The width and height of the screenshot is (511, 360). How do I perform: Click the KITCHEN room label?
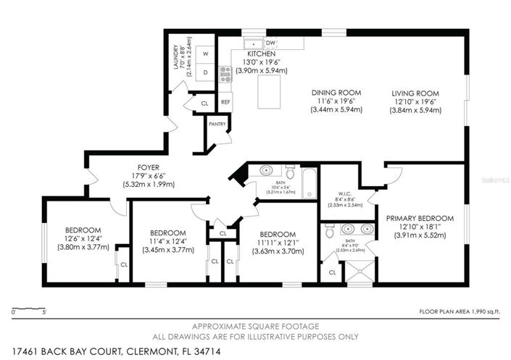coord(261,54)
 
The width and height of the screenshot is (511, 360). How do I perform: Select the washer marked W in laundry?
coord(205,54)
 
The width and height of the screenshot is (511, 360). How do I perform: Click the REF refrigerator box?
coord(225,102)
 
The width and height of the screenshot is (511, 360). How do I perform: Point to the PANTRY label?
coord(217,124)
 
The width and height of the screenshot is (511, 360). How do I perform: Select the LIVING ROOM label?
coord(416,93)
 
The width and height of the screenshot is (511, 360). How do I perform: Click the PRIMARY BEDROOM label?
coord(419,218)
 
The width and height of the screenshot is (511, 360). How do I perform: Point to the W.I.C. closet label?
coord(344,194)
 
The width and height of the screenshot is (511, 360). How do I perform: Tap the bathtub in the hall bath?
coord(309,182)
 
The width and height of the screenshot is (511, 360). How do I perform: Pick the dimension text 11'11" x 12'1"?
coord(278,243)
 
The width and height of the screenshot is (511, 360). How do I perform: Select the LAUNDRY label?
coord(176,58)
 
